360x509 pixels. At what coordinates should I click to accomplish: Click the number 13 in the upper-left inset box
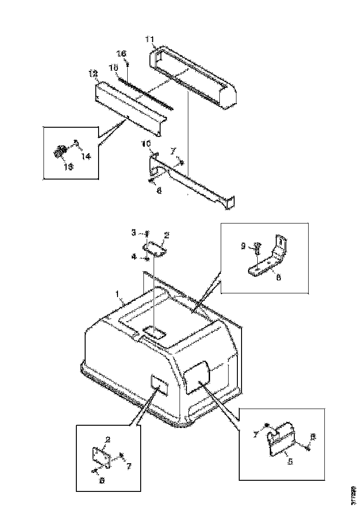[x=68, y=167]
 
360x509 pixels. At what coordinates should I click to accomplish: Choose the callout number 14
[x=87, y=156]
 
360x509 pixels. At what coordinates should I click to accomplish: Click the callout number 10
[x=146, y=144]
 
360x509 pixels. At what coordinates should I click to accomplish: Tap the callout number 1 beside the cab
[x=118, y=294]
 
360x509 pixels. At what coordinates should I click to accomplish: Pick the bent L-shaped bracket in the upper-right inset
[x=271, y=259]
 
